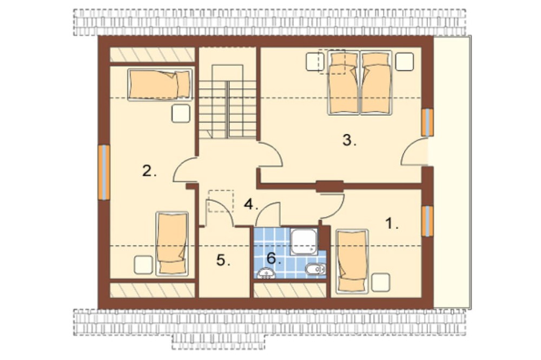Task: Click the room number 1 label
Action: pyautogui.click(x=391, y=224)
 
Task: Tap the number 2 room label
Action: pyautogui.click(x=149, y=171)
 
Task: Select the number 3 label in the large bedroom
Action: pyautogui.click(x=349, y=140)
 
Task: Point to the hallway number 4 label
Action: pyautogui.click(x=251, y=204)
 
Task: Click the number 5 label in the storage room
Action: pyautogui.click(x=223, y=260)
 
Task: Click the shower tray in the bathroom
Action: pyautogui.click(x=304, y=241)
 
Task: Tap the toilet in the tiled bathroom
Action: pyautogui.click(x=315, y=269)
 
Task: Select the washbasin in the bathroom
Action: pyautogui.click(x=266, y=274)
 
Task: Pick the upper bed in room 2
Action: pyautogui.click(x=160, y=85)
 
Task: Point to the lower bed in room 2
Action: pyautogui.click(x=172, y=243)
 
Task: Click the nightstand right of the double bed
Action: pyautogui.click(x=404, y=62)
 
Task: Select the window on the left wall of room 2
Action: pyautogui.click(x=104, y=172)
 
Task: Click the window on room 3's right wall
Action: pyautogui.click(x=427, y=122)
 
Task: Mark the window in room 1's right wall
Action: pyautogui.click(x=427, y=221)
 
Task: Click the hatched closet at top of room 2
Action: pyautogui.click(x=152, y=55)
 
